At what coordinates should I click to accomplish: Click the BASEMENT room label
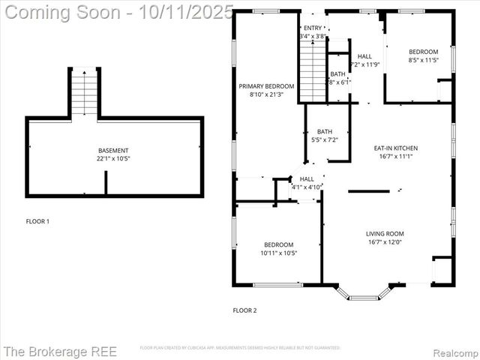[113, 151]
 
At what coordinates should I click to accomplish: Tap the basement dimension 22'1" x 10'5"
[113, 159]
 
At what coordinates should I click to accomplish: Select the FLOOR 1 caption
[37, 222]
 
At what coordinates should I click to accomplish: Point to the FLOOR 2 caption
[245, 310]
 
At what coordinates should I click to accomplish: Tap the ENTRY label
[313, 28]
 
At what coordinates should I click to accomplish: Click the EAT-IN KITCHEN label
[396, 148]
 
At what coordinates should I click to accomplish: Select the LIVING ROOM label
[385, 234]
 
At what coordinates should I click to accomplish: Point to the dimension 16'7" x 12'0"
[385, 242]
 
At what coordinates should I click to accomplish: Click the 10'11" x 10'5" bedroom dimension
[278, 253]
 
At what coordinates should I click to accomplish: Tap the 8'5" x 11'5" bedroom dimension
[424, 60]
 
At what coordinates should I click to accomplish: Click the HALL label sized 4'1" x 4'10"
[307, 179]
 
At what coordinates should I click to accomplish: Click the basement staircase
[85, 92]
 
